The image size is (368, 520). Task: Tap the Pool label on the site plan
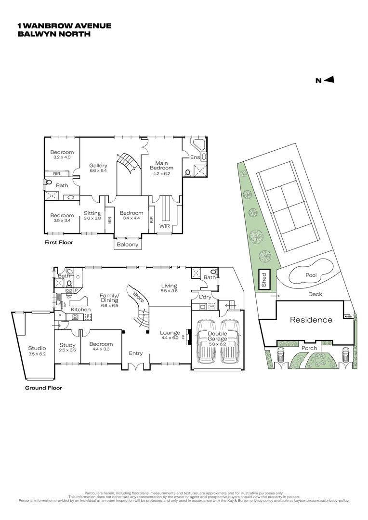coord(311,275)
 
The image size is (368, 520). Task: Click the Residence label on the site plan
coord(311,320)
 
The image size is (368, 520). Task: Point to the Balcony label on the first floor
coord(128,245)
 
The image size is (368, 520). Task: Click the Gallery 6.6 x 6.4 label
coord(98,168)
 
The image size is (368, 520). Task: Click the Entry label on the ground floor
coord(136,353)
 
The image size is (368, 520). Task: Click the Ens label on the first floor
coord(195,157)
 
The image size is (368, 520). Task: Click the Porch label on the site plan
coord(309,348)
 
